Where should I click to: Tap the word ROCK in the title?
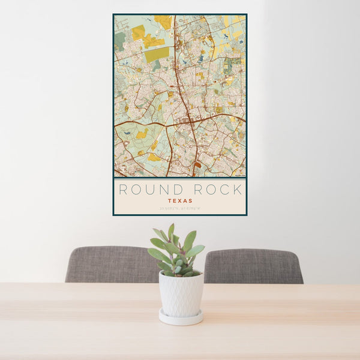click(219, 190)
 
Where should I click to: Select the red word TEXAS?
click(180, 201)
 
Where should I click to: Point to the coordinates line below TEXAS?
click(180, 209)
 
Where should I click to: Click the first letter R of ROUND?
click(122, 190)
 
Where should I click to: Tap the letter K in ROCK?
click(239, 190)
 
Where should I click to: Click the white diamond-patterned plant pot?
click(181, 293)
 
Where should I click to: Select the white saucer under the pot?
click(181, 318)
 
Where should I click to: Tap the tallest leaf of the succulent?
click(171, 232)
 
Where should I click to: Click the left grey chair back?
click(108, 264)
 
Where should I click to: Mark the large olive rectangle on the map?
click(157, 55)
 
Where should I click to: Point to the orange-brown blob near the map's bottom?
click(198, 164)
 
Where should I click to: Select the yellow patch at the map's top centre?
click(163, 22)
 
